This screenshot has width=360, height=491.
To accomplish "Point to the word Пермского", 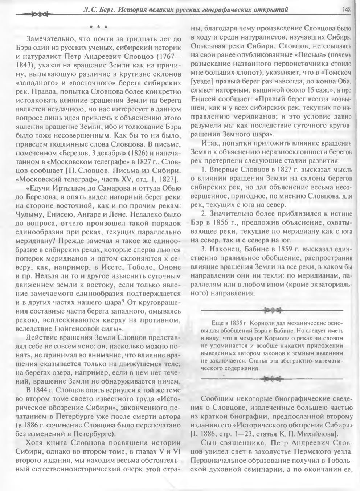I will click(x=300, y=452).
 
